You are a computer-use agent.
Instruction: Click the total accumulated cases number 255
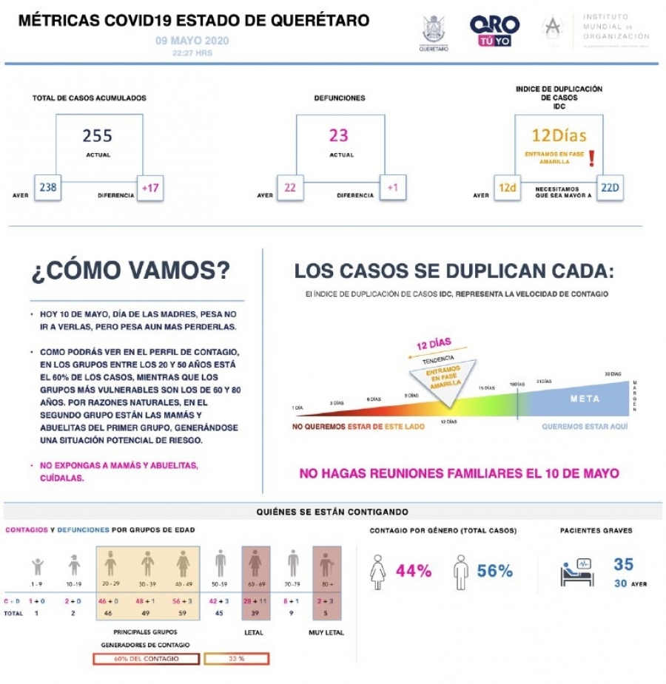click(98, 135)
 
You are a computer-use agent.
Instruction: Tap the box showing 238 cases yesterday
click(48, 188)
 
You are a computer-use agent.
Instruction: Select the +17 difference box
click(150, 188)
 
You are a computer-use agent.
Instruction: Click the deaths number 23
click(339, 135)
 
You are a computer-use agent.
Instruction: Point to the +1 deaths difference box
click(392, 188)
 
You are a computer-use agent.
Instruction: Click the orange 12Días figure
click(559, 135)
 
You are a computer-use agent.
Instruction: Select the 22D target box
click(610, 188)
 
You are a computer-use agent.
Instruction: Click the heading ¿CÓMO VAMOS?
click(130, 271)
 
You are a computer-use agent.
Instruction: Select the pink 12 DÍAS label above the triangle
click(434, 345)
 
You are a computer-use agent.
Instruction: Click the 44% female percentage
click(414, 571)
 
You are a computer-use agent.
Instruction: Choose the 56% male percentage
click(495, 571)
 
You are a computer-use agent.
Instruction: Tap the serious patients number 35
click(624, 564)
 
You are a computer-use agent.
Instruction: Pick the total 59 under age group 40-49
click(183, 613)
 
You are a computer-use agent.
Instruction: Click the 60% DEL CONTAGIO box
click(146, 658)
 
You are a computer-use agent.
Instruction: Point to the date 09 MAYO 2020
click(192, 41)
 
